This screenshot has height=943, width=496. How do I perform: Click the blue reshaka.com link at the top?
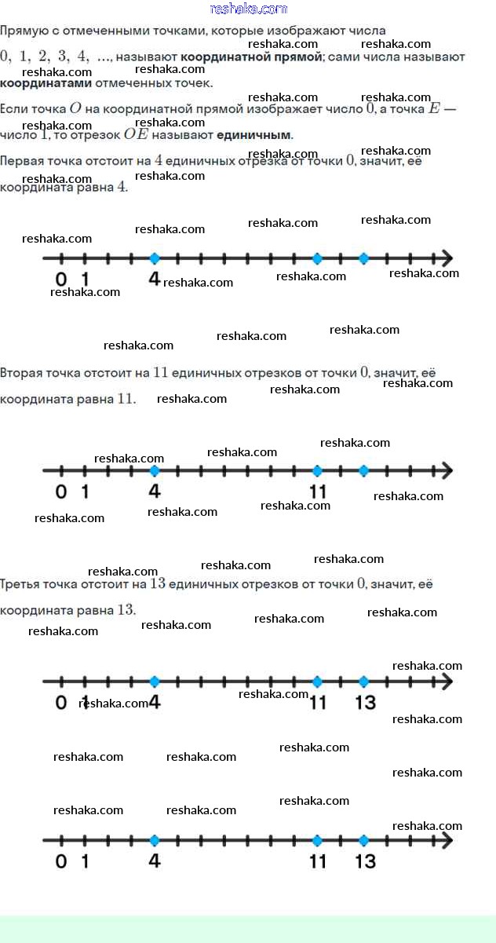[x=249, y=9]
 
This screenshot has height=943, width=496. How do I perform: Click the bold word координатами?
[x=46, y=83]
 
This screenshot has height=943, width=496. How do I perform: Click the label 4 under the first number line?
[x=154, y=279]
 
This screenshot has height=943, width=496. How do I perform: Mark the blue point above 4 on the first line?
[x=154, y=258]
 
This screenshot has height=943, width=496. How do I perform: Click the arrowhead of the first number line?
[x=447, y=258]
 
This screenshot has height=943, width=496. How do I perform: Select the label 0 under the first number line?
[x=61, y=279]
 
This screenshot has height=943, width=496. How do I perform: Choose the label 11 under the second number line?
[x=317, y=492]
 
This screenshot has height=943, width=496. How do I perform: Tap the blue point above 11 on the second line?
[x=317, y=471]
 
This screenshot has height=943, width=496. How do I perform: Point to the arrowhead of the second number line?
[x=447, y=471]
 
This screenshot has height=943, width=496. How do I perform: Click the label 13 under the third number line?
[x=366, y=702]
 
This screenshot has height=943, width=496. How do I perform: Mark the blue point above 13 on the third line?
[x=363, y=682]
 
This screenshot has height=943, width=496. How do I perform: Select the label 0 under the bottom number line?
[x=61, y=861]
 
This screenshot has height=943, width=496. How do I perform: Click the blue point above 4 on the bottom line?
[x=154, y=840]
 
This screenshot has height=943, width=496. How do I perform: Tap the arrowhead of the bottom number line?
[x=447, y=840]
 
